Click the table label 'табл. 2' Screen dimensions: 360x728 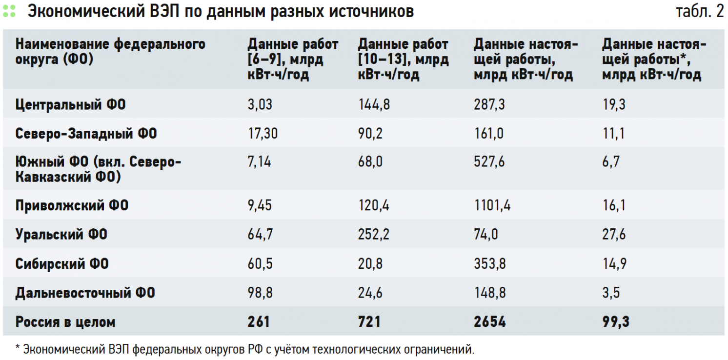tap(699, 12)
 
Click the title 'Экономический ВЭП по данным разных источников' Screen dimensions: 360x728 tap(221, 12)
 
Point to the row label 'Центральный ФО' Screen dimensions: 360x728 tap(70, 104)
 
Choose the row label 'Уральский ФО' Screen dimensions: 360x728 tap(61, 235)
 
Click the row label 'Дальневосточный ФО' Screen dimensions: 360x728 tap(85, 293)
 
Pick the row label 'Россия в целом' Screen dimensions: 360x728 tap(65, 322)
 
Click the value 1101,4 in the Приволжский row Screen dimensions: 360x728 tap(492, 205)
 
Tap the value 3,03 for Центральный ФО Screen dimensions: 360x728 tap(260, 104)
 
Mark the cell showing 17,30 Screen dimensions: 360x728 tap(263, 133)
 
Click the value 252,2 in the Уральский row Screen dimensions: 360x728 tap(374, 235)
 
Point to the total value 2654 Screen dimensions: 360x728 tap(489, 322)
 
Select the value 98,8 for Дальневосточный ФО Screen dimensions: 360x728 tap(260, 293)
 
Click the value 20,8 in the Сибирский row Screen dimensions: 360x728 tap(370, 264)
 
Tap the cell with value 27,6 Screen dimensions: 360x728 tap(614, 235)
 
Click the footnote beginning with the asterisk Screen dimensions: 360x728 tap(244, 349)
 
